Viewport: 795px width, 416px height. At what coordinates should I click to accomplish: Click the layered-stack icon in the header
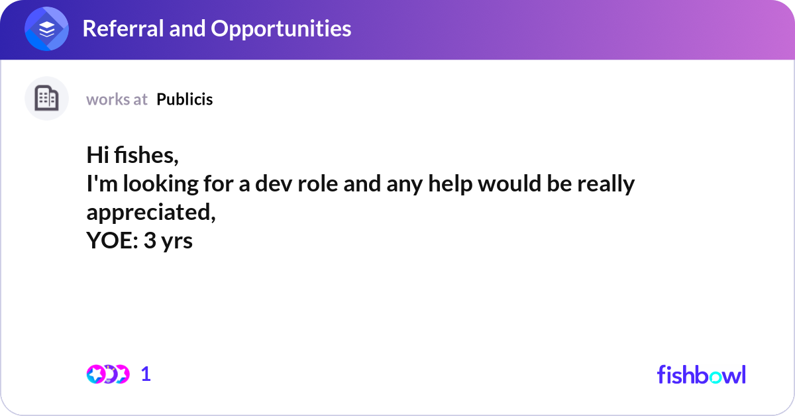46,28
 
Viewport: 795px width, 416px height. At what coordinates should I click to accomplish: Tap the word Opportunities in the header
281,29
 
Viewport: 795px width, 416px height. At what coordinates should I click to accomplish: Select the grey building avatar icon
46,98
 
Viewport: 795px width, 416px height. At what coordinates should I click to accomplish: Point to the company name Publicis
185,99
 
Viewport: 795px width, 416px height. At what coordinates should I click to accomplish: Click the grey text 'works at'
117,100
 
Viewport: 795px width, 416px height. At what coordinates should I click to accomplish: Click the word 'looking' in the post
160,184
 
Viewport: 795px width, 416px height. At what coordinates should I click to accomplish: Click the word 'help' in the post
450,184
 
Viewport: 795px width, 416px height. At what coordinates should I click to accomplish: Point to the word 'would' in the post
509,183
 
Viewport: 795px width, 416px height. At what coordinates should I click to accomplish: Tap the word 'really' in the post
606,184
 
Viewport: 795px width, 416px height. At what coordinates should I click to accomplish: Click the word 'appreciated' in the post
151,213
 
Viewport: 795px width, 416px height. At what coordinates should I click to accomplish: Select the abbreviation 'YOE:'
112,240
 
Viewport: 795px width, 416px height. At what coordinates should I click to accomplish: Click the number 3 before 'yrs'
150,240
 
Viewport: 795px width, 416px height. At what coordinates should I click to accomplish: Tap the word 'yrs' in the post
177,242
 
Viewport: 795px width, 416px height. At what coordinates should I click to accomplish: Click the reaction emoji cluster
108,374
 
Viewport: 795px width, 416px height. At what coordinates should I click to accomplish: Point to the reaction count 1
146,374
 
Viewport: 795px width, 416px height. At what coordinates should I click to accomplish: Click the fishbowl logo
702,374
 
